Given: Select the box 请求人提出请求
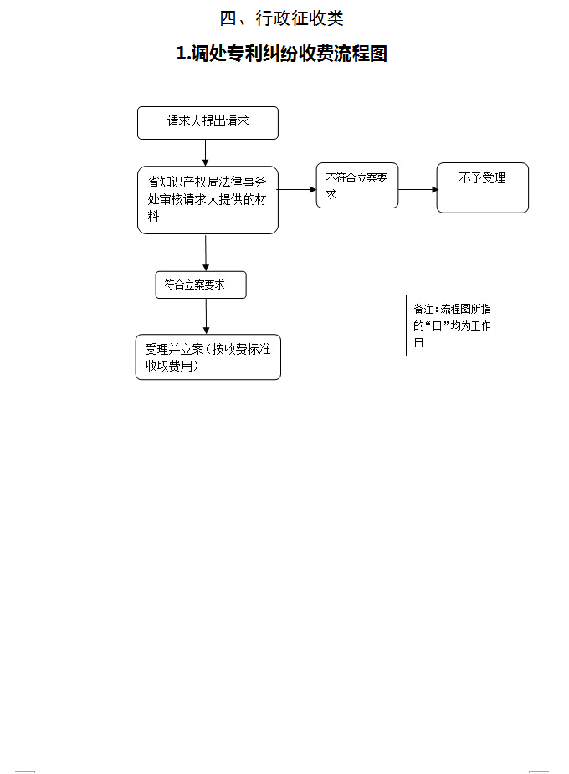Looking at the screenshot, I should tap(208, 122).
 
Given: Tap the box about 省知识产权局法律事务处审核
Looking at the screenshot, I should tap(208, 199).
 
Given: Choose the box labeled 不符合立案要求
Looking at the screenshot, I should tap(356, 185).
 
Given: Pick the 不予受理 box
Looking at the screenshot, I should tap(482, 187).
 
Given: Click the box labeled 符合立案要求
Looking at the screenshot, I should tap(201, 284).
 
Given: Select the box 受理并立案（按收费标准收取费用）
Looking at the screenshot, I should tap(208, 357).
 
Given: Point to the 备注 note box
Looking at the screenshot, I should tap(453, 325).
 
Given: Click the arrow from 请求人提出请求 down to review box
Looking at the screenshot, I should tap(205, 152).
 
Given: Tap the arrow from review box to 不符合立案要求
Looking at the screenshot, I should tap(296, 189).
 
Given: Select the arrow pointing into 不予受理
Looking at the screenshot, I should tap(418, 189).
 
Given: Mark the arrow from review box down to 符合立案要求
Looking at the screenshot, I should tap(206, 253).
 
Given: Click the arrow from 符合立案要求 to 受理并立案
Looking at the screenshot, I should tap(206, 316).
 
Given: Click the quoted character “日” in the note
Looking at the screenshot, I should tap(433, 325).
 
